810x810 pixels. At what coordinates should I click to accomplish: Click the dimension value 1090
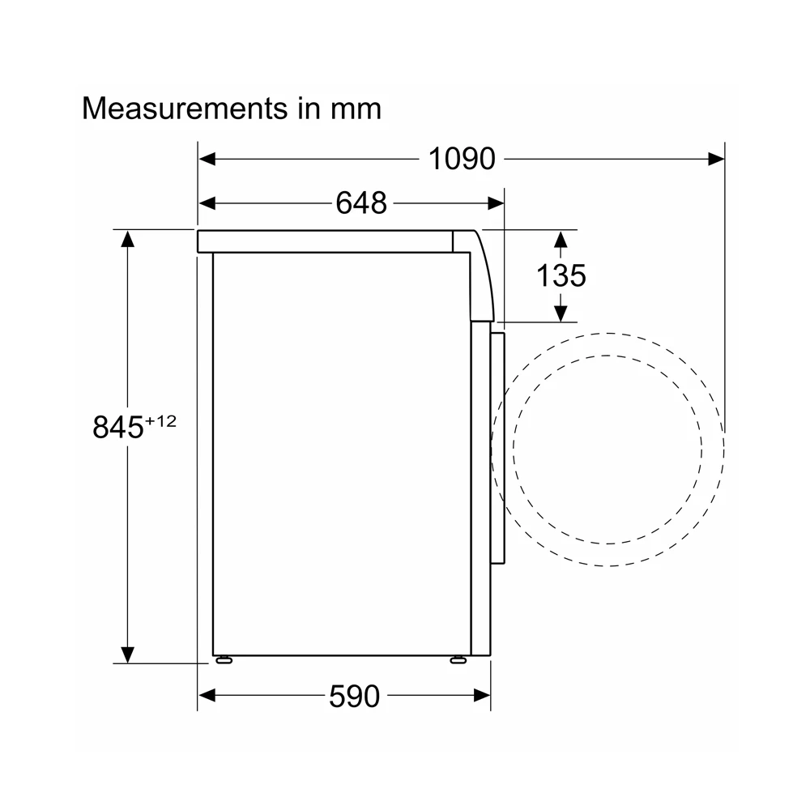coord(462,159)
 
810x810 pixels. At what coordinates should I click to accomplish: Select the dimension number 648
coord(361,202)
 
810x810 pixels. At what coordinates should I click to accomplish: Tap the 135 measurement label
coord(561,275)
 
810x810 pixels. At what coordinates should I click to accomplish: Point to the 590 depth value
coord(355,697)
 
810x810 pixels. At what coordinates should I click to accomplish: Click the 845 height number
coord(117,427)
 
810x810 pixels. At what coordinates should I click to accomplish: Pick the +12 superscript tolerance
coord(160,421)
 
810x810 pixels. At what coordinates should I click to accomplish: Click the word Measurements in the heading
coord(185,109)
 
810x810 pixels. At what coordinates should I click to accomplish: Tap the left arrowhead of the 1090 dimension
coord(207,159)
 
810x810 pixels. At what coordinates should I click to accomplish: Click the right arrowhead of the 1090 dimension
coord(716,159)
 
